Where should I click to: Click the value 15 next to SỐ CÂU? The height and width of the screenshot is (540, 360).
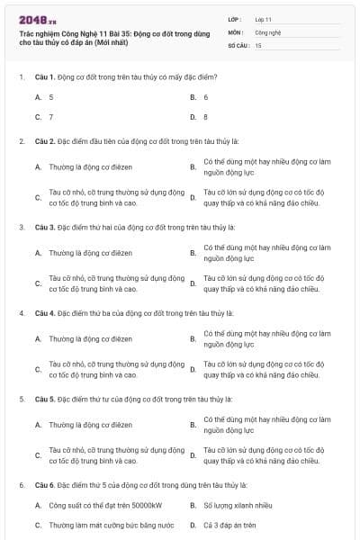click(x=258, y=44)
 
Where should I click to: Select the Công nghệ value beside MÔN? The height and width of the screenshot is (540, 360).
click(x=268, y=31)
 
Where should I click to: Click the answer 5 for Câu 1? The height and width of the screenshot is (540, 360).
click(x=51, y=96)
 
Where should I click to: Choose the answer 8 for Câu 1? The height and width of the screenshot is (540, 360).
click(x=206, y=117)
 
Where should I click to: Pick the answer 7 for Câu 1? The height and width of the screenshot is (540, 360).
click(x=51, y=117)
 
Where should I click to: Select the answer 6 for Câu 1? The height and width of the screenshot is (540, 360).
click(x=206, y=96)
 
